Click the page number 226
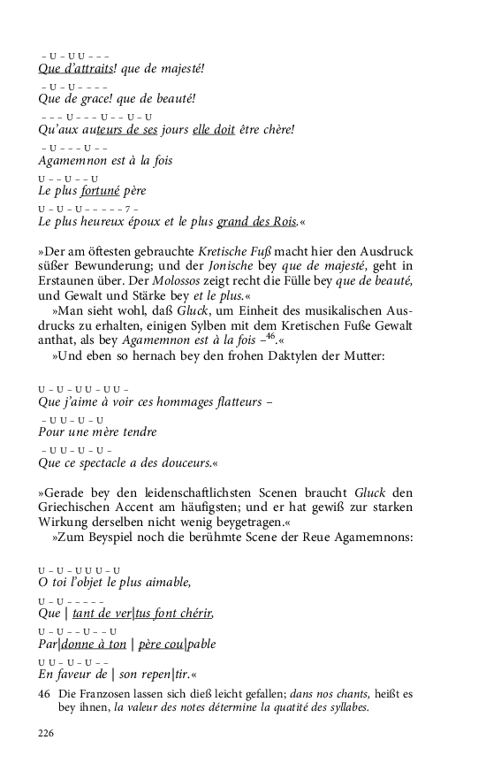click(47, 733)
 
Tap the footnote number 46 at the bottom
click(44, 694)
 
